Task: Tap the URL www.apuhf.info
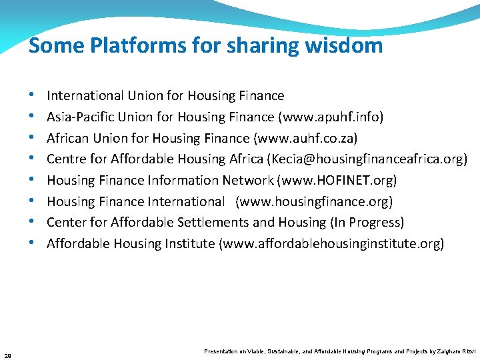coord(331,117)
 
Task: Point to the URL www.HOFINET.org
coord(337,181)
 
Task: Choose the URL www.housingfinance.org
coord(314,201)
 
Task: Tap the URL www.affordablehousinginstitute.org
coord(331,244)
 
